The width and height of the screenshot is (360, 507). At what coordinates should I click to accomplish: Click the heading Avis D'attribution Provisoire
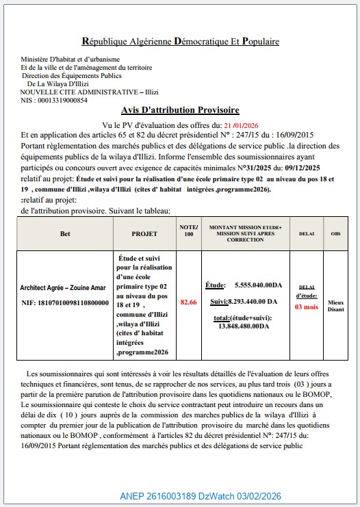coord(180,109)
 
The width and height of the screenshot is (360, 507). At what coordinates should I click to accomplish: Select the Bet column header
coord(65,233)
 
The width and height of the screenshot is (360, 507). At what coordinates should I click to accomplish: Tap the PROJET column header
coord(144,233)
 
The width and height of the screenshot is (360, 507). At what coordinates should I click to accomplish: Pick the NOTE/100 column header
coord(188,231)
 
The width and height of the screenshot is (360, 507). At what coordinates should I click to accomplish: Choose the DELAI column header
coord(307,233)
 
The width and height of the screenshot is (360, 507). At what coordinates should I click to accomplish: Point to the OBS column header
coord(335,233)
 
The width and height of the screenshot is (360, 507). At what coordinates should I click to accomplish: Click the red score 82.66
coord(188,302)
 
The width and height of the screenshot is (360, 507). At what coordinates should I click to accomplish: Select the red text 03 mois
coord(307,307)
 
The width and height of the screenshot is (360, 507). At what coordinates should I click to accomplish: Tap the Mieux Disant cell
coord(335,304)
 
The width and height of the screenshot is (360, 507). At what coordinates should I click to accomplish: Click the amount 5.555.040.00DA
coord(258,285)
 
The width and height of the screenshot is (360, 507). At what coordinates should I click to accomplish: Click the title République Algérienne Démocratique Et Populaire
coord(180,42)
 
